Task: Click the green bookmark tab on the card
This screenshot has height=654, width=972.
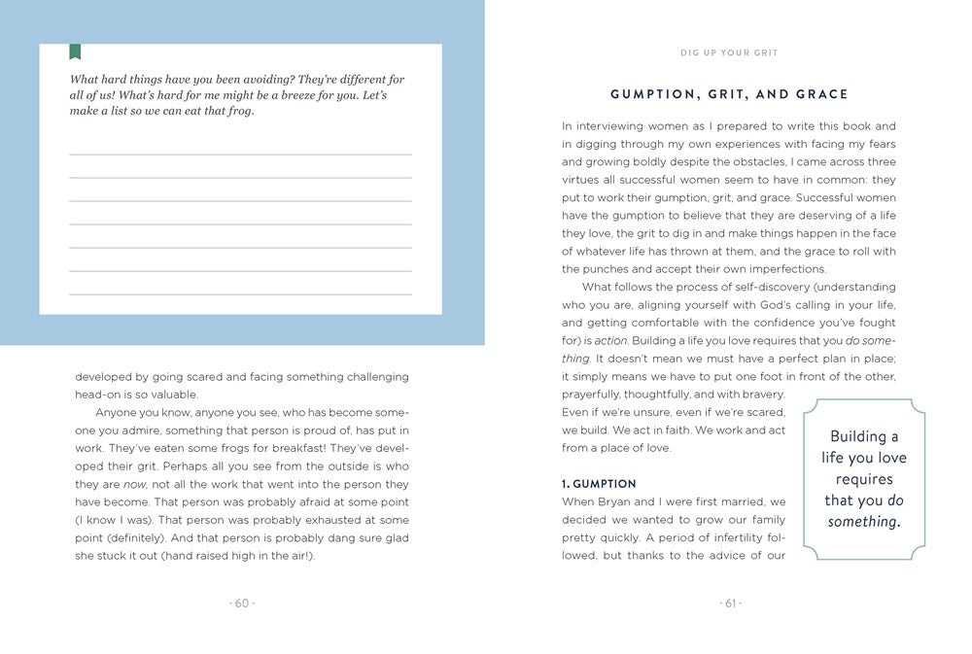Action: click(x=75, y=52)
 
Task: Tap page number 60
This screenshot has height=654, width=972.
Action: click(x=241, y=603)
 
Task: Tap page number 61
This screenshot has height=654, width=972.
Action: click(x=729, y=603)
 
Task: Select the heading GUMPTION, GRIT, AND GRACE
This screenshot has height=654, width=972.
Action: click(x=729, y=94)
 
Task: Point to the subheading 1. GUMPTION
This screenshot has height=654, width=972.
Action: click(x=599, y=484)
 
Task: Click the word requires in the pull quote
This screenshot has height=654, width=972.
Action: click(x=863, y=479)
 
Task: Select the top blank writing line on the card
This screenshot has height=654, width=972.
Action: click(x=240, y=155)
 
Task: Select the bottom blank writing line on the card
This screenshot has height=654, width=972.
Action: click(x=240, y=293)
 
